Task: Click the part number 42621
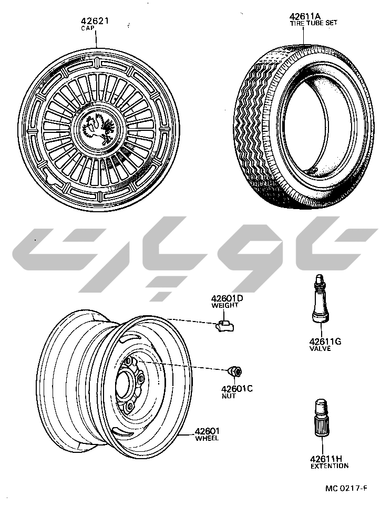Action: pos(95,21)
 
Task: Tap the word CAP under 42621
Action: pos(88,28)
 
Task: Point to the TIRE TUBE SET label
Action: pos(314,23)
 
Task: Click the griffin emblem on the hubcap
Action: pos(98,129)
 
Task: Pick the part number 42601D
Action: pos(227,298)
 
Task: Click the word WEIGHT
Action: pos(225,306)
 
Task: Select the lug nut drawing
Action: pos(234,371)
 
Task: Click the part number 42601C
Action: pos(237,389)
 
